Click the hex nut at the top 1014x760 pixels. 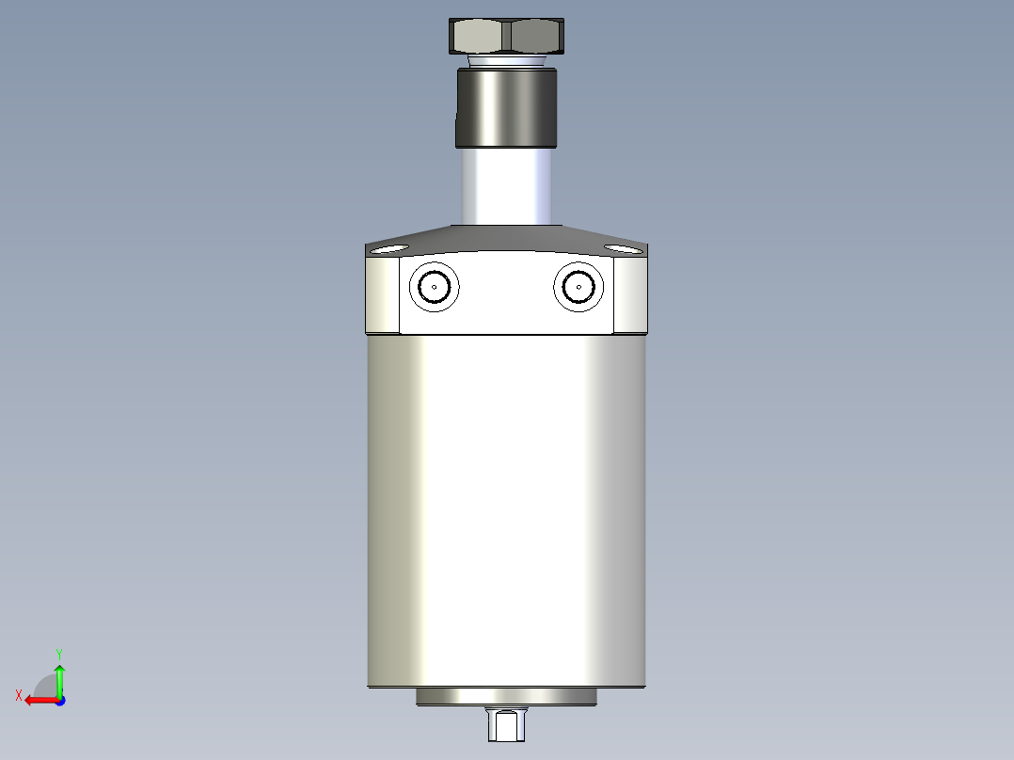[507, 37]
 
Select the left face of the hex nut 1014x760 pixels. [480, 37]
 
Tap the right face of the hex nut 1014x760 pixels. [537, 37]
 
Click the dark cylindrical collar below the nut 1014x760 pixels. [507, 107]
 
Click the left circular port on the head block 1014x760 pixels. [436, 287]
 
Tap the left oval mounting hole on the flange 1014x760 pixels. [387, 249]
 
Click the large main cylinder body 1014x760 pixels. [507, 508]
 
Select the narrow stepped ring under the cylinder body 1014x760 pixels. [507, 697]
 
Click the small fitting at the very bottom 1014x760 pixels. [507, 725]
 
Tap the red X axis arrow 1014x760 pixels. [40, 700]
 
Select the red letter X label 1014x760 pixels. [19, 695]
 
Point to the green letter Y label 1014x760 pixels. [58, 652]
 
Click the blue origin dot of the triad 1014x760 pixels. [59, 700]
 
